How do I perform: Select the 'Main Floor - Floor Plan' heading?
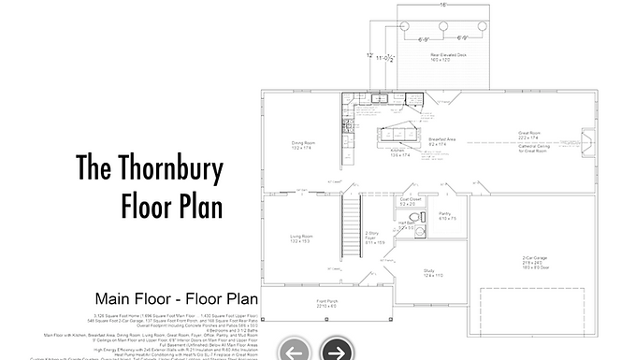coord(176,299)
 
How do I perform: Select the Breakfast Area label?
coord(441,140)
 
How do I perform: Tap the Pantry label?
coord(446,215)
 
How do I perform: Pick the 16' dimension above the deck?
coord(442,5)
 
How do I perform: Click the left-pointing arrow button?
coord(295,351)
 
